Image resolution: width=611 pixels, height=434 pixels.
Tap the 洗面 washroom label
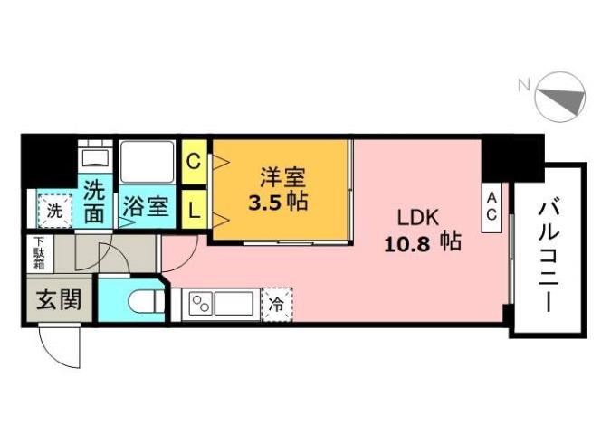pos(96,202)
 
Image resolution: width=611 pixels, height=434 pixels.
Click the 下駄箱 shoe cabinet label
pos(39,253)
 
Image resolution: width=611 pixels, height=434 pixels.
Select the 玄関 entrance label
pos(58,300)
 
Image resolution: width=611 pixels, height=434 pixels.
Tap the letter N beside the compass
pos(523,87)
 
